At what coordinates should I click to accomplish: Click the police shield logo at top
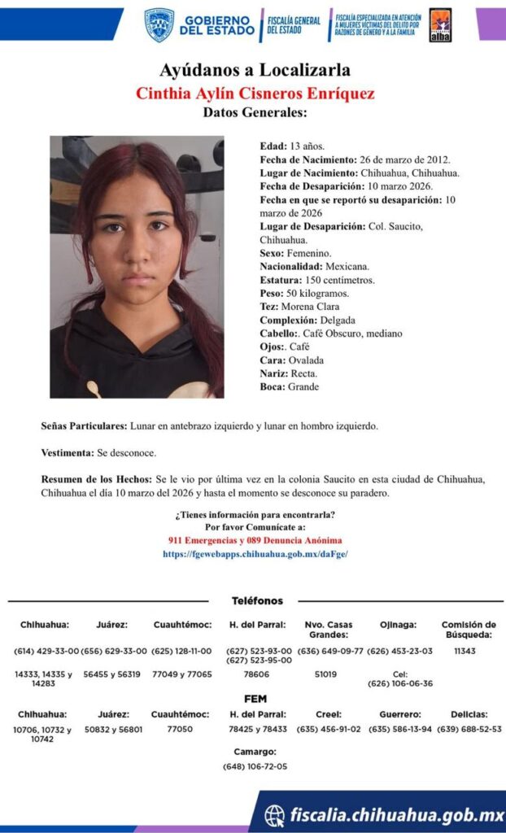coord(159,25)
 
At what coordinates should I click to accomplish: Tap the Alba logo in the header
coord(440,25)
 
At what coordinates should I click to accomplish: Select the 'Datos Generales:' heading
coord(255,112)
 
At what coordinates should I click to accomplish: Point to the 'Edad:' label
coord(273,146)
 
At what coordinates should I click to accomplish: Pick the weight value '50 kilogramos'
coord(316,293)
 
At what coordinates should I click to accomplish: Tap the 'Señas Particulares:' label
coord(84,426)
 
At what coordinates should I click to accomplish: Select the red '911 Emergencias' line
coord(255,540)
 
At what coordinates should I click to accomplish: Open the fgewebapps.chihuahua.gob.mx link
coord(255,554)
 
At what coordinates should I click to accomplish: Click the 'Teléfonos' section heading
coord(257,601)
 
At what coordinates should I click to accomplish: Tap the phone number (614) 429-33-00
coord(46,652)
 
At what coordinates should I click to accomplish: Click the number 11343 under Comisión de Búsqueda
coord(465,652)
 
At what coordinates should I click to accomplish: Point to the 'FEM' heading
coord(255,699)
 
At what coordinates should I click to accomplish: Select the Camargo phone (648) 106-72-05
coord(255,766)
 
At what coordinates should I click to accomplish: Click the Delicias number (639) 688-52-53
coord(469,730)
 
